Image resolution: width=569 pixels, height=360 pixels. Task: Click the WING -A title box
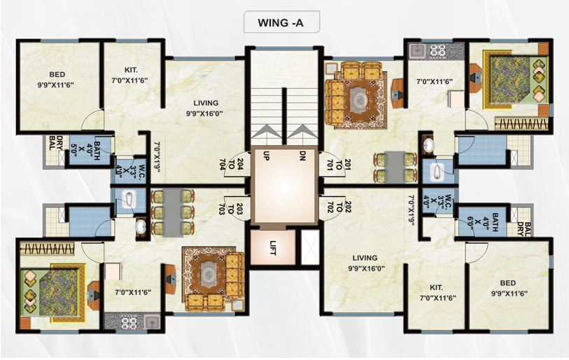point(282,22)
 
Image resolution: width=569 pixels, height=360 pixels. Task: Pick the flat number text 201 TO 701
point(343,165)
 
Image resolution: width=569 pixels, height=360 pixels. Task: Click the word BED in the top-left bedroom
point(57,74)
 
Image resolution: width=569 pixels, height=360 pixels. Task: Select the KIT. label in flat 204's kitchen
point(132,70)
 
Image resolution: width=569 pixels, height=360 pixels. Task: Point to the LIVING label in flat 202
point(365,258)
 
